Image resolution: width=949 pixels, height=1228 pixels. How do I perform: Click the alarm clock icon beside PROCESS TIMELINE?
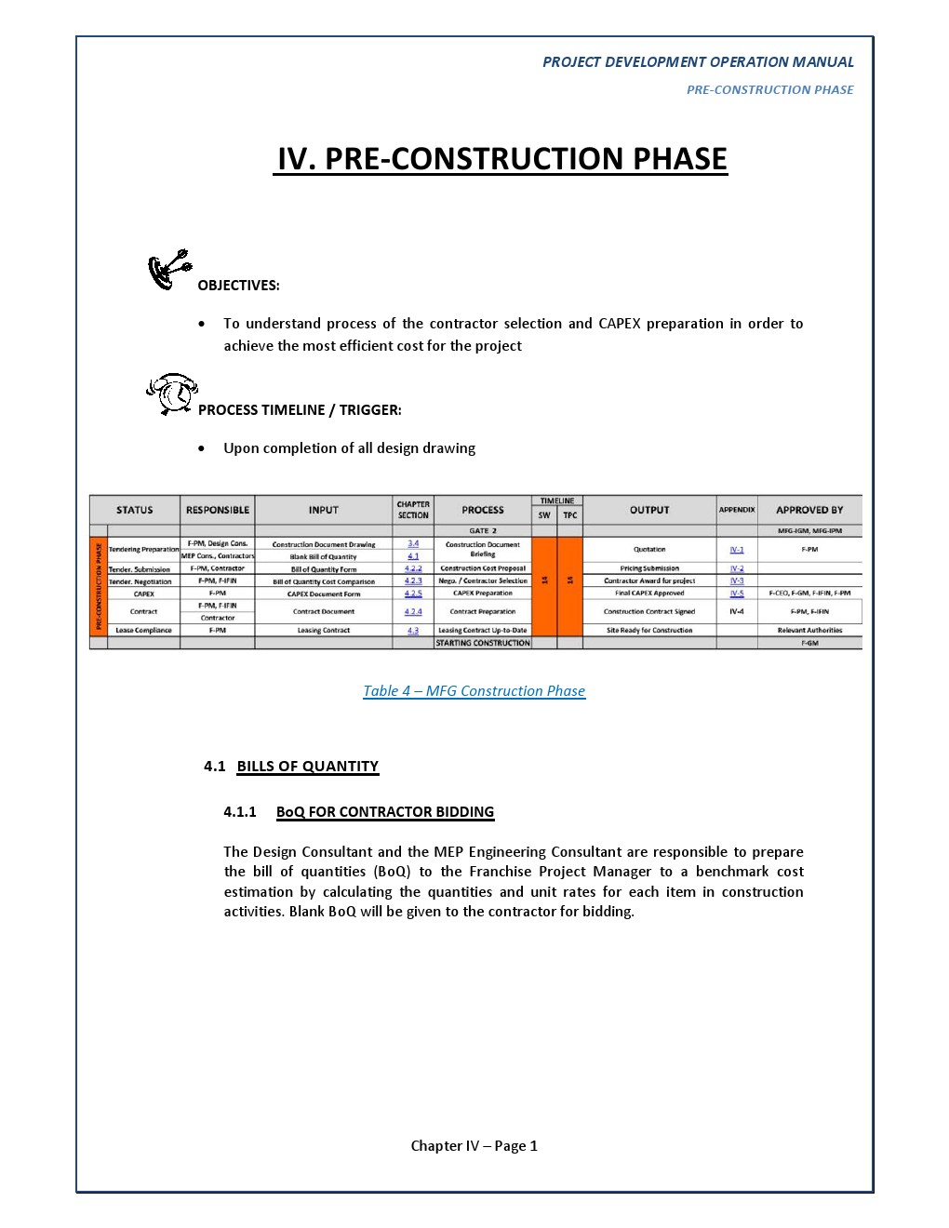(172, 394)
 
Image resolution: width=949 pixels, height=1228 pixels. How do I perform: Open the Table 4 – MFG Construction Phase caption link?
(474, 690)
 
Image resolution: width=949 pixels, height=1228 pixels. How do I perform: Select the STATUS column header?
(135, 510)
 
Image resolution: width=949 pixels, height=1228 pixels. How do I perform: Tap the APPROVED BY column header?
(809, 510)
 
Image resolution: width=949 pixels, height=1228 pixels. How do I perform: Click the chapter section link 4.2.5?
(413, 593)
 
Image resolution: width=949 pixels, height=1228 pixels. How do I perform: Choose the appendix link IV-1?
(737, 549)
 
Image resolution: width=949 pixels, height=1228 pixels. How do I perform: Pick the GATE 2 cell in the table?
(483, 530)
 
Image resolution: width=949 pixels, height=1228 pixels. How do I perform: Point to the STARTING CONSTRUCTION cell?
(483, 643)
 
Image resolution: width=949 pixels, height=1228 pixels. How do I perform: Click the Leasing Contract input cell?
(324, 630)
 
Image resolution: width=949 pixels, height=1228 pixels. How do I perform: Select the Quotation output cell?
(649, 549)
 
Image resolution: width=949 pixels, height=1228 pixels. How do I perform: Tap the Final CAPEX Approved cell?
(649, 593)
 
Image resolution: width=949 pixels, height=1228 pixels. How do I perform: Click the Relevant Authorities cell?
(809, 630)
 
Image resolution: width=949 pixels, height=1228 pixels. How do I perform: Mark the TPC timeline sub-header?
(570, 514)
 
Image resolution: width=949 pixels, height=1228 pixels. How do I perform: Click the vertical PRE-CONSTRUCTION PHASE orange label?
(99, 586)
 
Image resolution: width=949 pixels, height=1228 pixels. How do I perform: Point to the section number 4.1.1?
(240, 811)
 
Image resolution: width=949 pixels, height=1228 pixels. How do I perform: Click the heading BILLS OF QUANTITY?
(308, 766)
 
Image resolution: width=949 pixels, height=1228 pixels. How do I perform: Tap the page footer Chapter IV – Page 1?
(474, 1145)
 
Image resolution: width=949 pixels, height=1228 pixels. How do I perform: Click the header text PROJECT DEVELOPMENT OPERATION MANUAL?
(698, 62)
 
